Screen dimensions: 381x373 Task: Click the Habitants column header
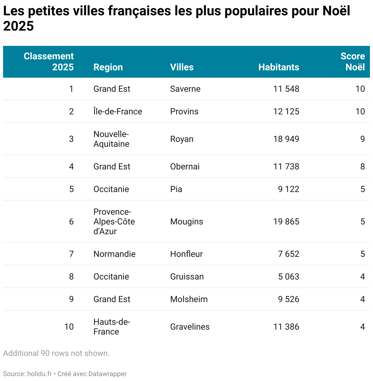pos(279,67)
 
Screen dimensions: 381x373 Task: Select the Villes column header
pos(182,67)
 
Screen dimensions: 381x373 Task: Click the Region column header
pos(108,67)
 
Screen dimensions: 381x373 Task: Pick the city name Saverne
pos(185,89)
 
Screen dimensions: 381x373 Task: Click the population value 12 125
pos(286,112)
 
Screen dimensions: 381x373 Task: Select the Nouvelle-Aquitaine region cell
pos(111,139)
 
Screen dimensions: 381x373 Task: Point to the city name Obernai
pos(185,167)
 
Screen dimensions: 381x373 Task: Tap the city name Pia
pos(176,189)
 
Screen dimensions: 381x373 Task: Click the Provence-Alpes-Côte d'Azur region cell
pos(114,222)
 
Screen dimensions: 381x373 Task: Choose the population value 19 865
pos(286,222)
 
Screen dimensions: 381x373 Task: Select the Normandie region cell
pos(114,254)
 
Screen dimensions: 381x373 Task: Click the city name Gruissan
pos(187,277)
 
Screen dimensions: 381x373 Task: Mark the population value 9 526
pos(289,299)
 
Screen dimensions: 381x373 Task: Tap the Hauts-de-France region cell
pos(112,327)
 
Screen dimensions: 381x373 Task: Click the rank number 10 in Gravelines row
pos(69,327)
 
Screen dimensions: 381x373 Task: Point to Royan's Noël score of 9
pos(362,139)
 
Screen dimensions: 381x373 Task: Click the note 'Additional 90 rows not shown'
pos(56,353)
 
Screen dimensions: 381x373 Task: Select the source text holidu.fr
pos(39,374)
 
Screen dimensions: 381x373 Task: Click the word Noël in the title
pos(336,11)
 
